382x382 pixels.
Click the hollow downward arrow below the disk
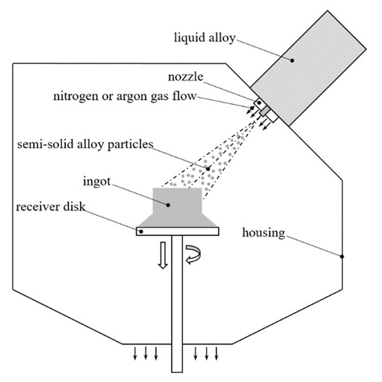(x=161, y=255)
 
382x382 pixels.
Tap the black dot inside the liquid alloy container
(x=293, y=60)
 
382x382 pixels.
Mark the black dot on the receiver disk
(x=141, y=231)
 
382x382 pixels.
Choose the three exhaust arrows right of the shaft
(x=208, y=354)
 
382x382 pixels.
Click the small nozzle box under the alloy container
(x=265, y=109)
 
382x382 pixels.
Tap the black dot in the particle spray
(x=208, y=168)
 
